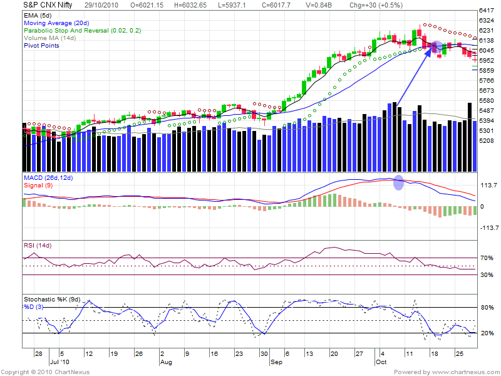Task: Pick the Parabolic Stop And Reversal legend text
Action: (81, 30)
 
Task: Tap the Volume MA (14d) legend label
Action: (49, 38)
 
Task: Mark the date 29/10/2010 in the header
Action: (110, 5)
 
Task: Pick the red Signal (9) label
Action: (39, 185)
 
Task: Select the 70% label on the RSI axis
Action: (486, 258)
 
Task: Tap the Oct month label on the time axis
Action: (381, 362)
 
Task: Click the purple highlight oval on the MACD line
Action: (398, 182)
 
